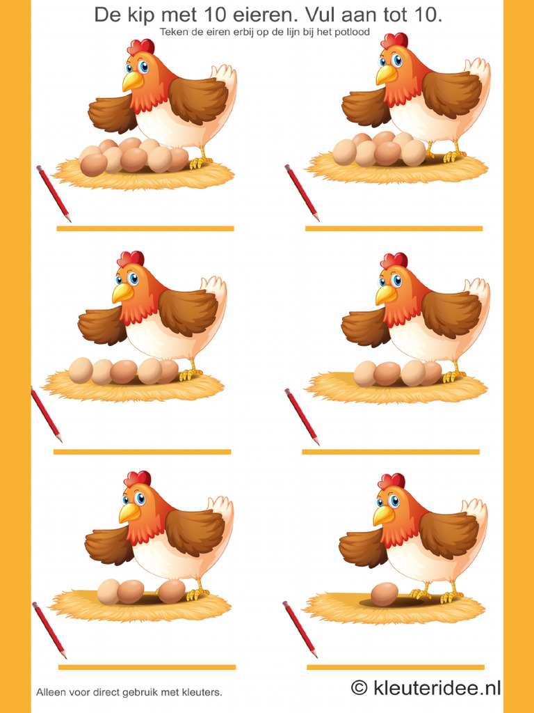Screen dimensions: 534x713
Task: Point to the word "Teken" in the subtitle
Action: tap(170, 32)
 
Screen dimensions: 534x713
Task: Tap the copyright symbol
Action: tap(359, 687)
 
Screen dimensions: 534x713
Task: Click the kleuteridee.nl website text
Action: tap(437, 687)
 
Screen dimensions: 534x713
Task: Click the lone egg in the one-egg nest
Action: tap(384, 595)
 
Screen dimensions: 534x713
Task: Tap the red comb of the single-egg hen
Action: tap(392, 480)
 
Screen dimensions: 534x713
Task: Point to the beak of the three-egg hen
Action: tap(129, 512)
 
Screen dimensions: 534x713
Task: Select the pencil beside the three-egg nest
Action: tap(49, 630)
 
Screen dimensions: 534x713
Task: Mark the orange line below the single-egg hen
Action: tap(396, 667)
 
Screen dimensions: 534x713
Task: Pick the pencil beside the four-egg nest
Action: tap(302, 416)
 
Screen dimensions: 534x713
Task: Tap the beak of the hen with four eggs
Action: tap(385, 295)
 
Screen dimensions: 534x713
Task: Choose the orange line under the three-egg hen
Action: tap(147, 667)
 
